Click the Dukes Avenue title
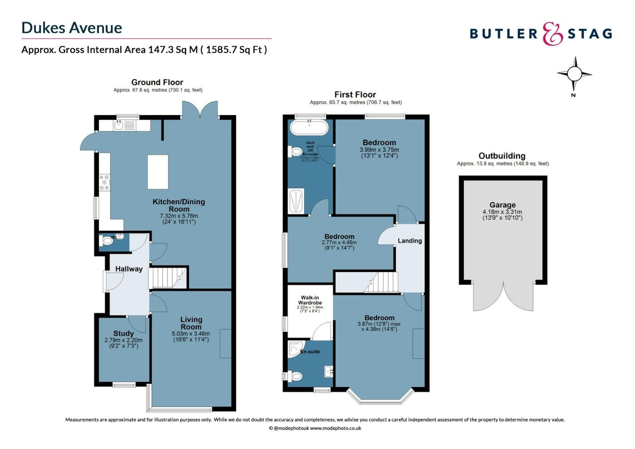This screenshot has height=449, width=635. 71,28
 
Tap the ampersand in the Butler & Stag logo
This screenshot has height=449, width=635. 553,34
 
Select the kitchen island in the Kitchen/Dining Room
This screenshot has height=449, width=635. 158,172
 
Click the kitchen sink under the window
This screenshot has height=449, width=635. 119,125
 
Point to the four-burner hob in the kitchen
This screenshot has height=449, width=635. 104,183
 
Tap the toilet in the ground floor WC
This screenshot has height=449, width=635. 107,241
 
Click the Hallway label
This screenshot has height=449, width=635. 129,269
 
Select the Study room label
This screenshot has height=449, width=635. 123,333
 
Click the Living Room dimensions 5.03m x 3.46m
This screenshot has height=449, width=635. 191,333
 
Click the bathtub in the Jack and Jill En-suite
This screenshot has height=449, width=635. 309,128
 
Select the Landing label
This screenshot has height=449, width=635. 409,241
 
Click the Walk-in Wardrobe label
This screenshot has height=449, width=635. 310,300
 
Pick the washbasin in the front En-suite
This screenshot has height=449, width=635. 328,371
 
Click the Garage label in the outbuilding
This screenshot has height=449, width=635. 502,205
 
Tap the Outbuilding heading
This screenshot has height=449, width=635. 502,156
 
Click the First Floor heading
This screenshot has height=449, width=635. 355,95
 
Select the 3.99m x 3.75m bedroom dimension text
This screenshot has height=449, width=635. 379,150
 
